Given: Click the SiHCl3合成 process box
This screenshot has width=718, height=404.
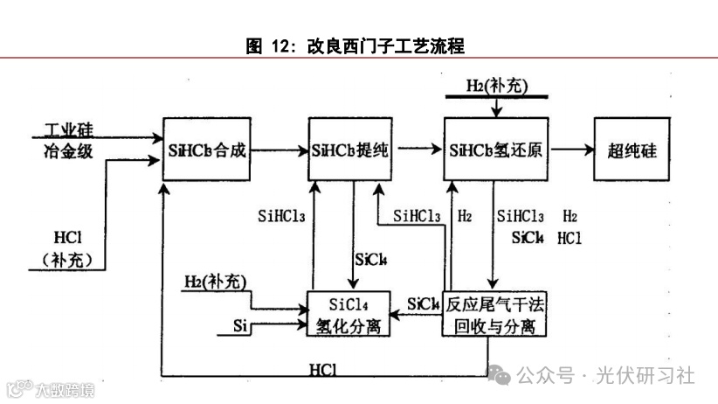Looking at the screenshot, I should (x=205, y=149).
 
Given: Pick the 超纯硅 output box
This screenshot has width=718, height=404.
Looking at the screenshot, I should (x=632, y=149).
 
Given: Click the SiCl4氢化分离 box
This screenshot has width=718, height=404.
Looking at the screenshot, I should (x=348, y=313).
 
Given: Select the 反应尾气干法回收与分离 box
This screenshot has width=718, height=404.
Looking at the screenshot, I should (x=495, y=313).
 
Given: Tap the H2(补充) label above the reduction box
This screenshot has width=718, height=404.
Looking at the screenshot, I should (x=496, y=87).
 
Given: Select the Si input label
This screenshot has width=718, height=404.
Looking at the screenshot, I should (x=241, y=326).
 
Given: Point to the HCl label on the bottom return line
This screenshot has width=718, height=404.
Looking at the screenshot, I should (x=323, y=368).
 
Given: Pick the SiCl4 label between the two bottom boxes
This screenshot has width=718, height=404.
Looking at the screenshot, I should (x=423, y=303).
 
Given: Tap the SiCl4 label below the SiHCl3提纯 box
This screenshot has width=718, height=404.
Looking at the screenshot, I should (x=371, y=259).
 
